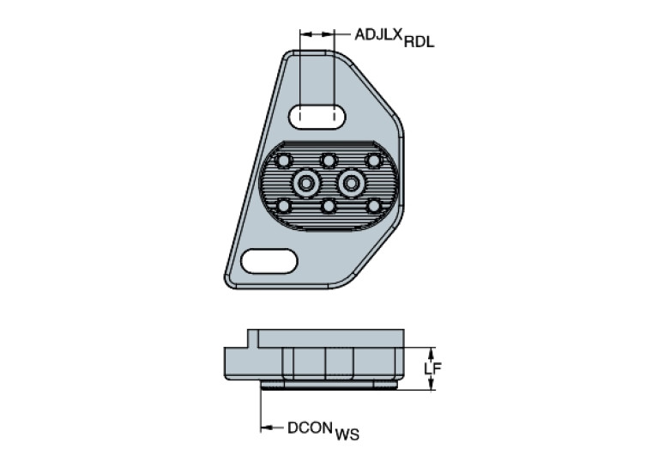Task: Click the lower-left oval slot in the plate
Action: (269, 259)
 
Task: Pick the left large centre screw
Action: (306, 182)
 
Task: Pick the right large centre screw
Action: (351, 182)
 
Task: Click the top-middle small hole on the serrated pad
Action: (328, 160)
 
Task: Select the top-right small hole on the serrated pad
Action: (373, 160)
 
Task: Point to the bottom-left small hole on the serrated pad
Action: (284, 206)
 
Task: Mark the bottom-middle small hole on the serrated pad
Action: (328, 206)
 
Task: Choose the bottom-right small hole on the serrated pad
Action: (373, 206)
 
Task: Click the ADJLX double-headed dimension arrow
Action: (316, 34)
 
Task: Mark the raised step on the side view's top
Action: (253, 337)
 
